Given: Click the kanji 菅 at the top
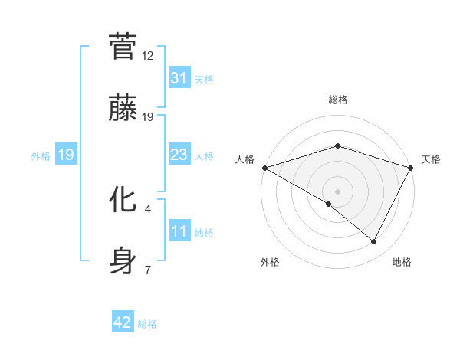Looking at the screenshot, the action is pos(123,47).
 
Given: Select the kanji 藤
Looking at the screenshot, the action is pos(123,108).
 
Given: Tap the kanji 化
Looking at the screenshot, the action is pos(123,199).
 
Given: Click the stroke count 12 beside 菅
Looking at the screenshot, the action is pos(148,56).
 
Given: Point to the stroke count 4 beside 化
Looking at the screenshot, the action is pos(148,208).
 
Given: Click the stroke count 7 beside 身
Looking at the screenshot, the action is pos(148,270).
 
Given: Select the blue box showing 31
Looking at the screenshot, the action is pos(179,78).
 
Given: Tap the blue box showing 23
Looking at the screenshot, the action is pos(179,155).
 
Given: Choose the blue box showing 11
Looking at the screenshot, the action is pos(179,231).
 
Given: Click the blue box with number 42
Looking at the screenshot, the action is pos(123,322).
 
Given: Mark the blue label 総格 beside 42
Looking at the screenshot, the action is pos(147,324).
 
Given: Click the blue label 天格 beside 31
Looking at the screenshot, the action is pos(204,80).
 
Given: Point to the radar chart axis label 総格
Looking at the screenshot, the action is pos(338,100).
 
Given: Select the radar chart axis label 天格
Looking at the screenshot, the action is pos(432,159).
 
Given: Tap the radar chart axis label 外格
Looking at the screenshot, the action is pos(270,263).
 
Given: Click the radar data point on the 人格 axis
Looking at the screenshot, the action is pos(264,167).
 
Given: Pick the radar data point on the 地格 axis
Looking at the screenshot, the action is pos(374,241).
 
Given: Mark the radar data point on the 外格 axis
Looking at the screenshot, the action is pos(329,204).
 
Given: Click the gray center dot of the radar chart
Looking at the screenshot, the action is pos(338,191).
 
